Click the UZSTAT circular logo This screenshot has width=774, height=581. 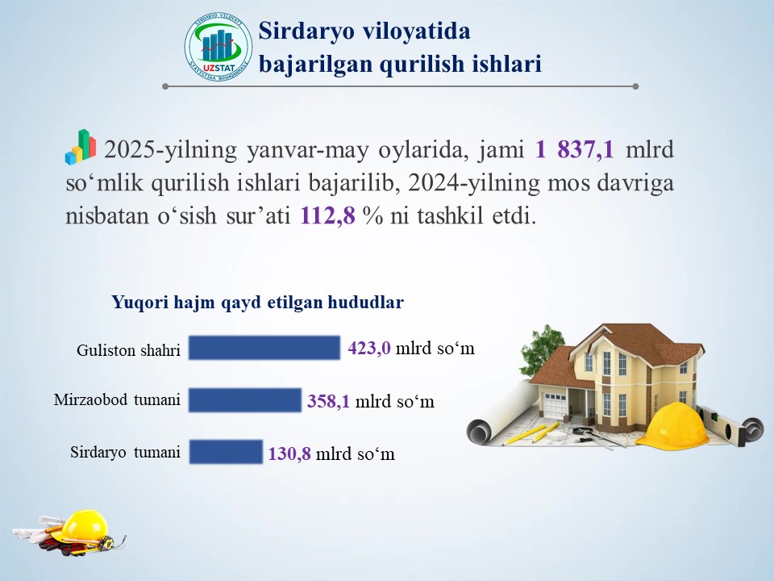(x=218, y=48)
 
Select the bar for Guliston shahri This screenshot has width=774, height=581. (x=264, y=348)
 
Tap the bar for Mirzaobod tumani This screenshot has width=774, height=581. (x=245, y=400)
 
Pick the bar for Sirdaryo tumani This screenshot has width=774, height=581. (x=226, y=452)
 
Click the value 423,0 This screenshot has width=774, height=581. (x=368, y=349)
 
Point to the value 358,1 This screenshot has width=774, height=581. (x=328, y=401)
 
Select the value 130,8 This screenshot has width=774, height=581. (x=289, y=454)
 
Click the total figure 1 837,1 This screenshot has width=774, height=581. (x=575, y=149)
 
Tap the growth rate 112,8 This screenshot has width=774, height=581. (x=328, y=215)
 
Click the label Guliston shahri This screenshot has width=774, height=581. (x=128, y=350)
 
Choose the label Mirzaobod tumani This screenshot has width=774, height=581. (x=117, y=399)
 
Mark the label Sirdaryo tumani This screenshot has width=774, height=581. (x=126, y=452)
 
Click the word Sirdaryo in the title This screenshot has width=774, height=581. (x=306, y=31)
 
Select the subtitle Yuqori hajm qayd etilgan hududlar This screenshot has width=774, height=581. (x=258, y=302)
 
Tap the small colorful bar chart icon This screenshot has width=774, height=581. (x=81, y=147)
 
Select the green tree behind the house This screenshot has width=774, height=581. (x=543, y=349)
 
